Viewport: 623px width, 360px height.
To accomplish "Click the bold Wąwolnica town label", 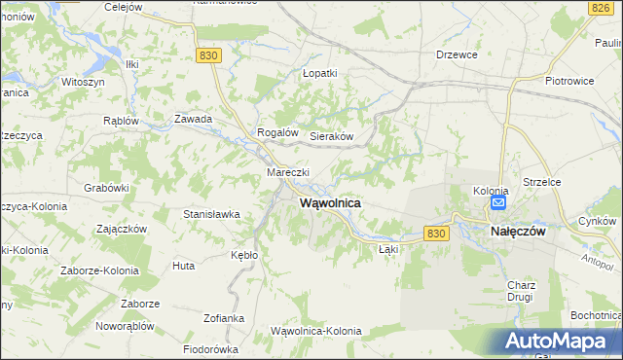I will point(325,203).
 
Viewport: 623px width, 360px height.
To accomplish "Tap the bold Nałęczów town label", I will point(517,232).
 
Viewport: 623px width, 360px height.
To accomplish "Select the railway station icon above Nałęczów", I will point(497,203).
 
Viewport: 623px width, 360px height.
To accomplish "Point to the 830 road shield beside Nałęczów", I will point(438,234).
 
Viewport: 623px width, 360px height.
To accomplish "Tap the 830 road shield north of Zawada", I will point(207,56).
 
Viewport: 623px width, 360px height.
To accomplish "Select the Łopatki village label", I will point(319,73).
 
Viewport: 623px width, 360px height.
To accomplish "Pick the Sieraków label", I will point(331,137).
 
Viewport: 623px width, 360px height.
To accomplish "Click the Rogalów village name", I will point(276,132).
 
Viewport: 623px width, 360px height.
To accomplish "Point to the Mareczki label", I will point(288,173).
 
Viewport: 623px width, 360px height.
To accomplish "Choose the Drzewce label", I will point(458,55).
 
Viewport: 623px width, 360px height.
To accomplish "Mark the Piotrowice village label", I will point(569,81).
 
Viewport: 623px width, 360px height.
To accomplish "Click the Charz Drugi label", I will point(522,291).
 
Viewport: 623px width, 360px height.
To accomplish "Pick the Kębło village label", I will point(244,255).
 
